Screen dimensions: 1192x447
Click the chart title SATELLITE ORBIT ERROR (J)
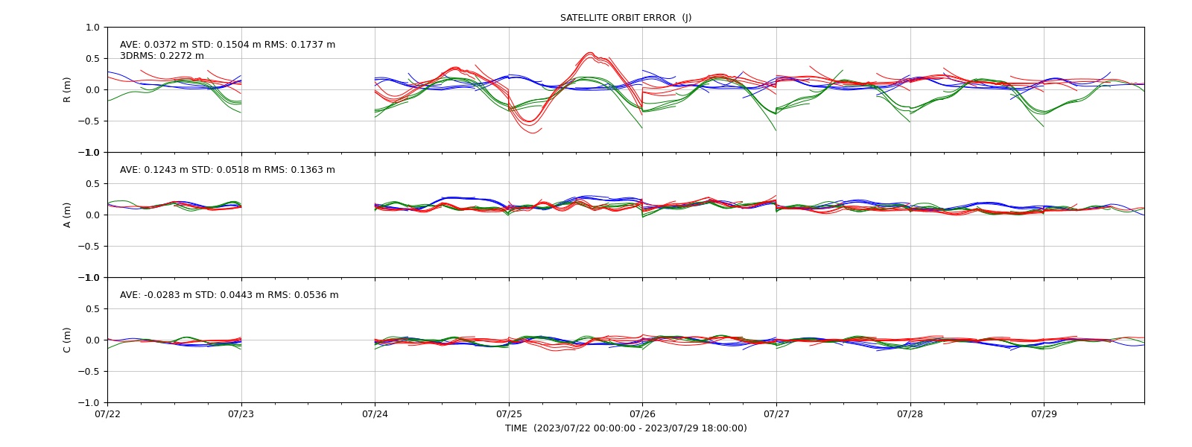pos(625,18)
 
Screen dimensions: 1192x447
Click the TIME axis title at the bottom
pos(626,428)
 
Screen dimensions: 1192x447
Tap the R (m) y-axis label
pos(67,90)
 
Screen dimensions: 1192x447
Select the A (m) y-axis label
pos(67,215)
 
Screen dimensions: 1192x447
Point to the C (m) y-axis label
pos(67,340)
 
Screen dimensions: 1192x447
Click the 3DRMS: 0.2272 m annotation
pos(162,56)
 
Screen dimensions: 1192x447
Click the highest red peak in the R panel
pos(589,52)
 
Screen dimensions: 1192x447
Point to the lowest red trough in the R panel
pos(532,133)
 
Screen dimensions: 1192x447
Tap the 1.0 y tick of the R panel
pos(92,28)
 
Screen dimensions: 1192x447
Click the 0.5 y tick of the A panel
pos(92,183)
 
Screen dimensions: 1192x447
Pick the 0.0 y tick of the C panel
pos(92,340)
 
